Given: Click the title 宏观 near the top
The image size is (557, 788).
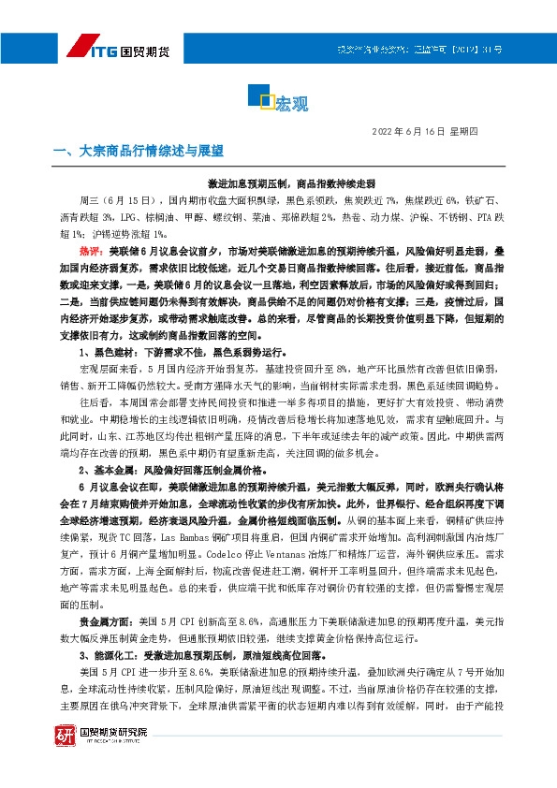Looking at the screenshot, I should pyautogui.click(x=291, y=104).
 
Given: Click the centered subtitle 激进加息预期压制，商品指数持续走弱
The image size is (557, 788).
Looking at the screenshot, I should pyautogui.click(x=278, y=184).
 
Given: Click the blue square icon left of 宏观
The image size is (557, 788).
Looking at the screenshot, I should pyautogui.click(x=266, y=100).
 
